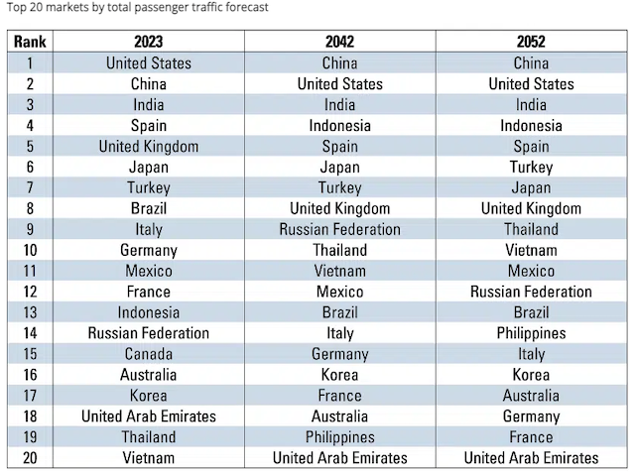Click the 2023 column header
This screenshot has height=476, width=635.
pyautogui.click(x=148, y=43)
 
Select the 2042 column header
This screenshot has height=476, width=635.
pyautogui.click(x=339, y=43)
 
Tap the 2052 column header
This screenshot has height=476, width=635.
pyautogui.click(x=531, y=43)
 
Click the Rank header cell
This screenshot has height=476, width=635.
pyautogui.click(x=31, y=43)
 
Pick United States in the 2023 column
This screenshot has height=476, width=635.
pyautogui.click(x=148, y=63)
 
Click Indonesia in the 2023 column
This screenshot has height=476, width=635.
pyautogui.click(x=148, y=312)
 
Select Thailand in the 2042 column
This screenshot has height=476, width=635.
pyautogui.click(x=339, y=250)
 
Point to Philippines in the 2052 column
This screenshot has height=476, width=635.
pyautogui.click(x=531, y=333)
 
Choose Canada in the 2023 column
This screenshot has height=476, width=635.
pyautogui.click(x=148, y=354)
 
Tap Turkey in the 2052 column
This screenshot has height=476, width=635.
pyautogui.click(x=531, y=168)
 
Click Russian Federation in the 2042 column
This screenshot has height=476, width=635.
pyautogui.click(x=339, y=229)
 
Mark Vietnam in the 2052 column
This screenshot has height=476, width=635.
pyautogui.click(x=531, y=250)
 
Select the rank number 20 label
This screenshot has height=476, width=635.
pyautogui.click(x=31, y=457)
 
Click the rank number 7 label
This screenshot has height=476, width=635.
pyautogui.click(x=31, y=187)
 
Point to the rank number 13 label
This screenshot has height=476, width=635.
pyautogui.click(x=31, y=312)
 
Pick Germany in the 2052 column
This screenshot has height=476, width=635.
pyautogui.click(x=531, y=416)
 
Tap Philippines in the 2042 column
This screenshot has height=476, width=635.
pyautogui.click(x=339, y=436)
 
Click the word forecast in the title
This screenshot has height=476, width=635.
pyautogui.click(x=241, y=7)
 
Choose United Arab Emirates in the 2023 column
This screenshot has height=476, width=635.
pyautogui.click(x=148, y=416)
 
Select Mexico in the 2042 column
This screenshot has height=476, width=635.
pyautogui.click(x=339, y=292)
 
